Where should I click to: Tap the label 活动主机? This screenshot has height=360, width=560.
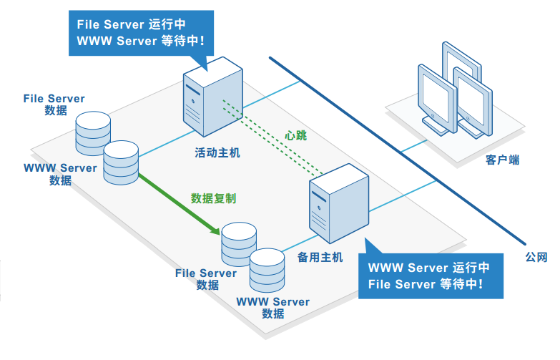(x=217, y=152)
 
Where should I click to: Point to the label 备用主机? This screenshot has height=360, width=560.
(x=320, y=256)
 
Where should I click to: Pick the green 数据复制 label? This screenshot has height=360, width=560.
(x=213, y=198)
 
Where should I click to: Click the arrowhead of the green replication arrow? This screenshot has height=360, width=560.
(x=214, y=230)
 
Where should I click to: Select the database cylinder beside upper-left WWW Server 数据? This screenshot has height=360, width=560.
(x=120, y=162)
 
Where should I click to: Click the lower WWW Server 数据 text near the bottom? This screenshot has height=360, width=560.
(x=273, y=307)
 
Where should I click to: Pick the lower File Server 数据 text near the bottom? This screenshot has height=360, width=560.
(x=206, y=278)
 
